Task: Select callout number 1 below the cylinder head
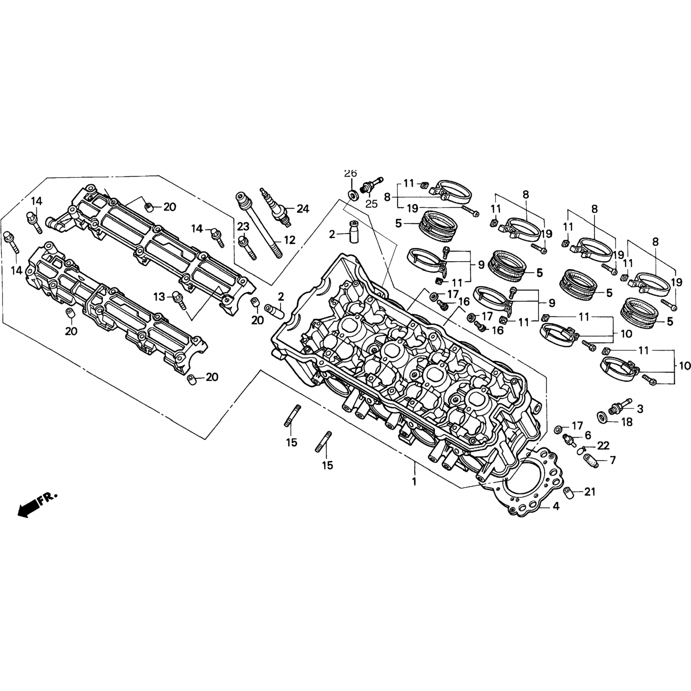coord(414,482)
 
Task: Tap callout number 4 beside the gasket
coord(556,506)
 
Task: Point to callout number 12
coord(289,240)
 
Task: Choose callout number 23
coord(243,226)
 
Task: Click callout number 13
coord(159,297)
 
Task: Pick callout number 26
coord(351,173)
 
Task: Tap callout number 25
coord(371,203)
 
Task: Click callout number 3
coord(640,408)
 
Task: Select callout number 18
coord(627,422)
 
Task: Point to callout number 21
coord(590,492)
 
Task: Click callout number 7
coord(613,460)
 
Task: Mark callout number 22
coord(603,445)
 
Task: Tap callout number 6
coord(588,435)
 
